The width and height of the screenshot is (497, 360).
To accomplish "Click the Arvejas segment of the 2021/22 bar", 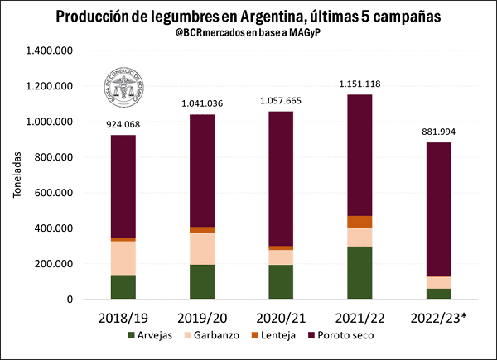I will [359, 272].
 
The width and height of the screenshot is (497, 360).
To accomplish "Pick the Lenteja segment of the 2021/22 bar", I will [359, 222].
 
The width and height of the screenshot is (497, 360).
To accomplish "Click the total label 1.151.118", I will [359, 84].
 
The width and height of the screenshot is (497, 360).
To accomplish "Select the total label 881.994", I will [438, 132].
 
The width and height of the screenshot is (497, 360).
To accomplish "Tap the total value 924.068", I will [123, 124].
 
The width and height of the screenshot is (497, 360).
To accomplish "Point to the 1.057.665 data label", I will [281, 101].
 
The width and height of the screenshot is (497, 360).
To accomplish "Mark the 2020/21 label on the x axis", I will [281, 318].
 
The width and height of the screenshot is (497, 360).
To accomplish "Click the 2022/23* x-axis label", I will [440, 318].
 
